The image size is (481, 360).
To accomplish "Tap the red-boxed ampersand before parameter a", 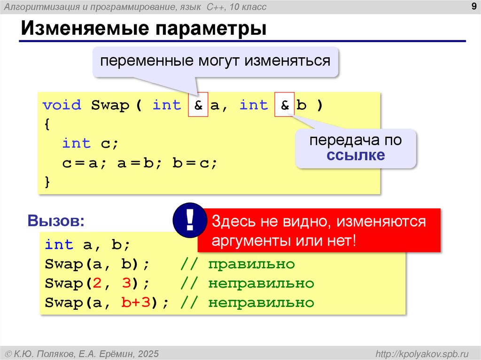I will (x=198, y=105).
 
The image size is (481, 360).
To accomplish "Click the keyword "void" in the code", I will (x=62, y=105).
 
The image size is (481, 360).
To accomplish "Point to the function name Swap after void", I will (x=110, y=105).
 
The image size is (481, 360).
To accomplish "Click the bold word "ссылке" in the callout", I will (x=356, y=155).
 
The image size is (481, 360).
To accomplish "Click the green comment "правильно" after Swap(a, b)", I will (x=251, y=264).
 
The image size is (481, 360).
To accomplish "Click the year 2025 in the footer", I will (x=148, y=353).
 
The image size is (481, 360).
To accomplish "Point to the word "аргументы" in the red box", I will (x=250, y=241).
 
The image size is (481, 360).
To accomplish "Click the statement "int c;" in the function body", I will (x=90, y=143).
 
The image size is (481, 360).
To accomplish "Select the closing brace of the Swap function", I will (x=47, y=182).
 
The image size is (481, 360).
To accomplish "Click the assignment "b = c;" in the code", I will (x=195, y=163).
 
